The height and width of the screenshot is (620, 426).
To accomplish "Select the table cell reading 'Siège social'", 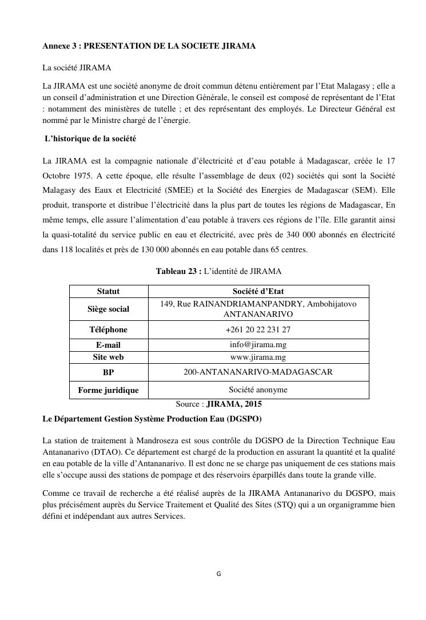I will point(108,309).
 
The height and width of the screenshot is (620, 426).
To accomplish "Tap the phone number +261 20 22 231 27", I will point(258,329).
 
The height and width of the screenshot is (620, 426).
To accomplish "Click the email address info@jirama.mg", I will point(258,345).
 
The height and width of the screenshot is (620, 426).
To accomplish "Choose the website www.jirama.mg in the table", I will point(258,357).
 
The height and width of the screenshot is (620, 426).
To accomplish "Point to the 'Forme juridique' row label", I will point(108,390).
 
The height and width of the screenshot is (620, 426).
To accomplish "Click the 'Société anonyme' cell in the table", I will point(258,390).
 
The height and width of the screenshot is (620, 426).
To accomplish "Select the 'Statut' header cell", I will point(108,291).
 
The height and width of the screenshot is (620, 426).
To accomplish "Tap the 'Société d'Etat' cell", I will point(258,291).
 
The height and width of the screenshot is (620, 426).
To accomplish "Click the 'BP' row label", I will point(108,372).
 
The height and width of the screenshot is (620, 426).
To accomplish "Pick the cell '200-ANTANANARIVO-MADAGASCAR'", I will point(258,372).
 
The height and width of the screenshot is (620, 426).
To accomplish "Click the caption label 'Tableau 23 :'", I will point(178,271).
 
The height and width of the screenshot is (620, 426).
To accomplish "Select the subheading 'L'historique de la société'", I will point(90,139).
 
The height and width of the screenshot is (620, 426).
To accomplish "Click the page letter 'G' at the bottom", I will point(218,574).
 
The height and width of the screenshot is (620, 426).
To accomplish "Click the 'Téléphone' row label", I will point(108,329).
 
